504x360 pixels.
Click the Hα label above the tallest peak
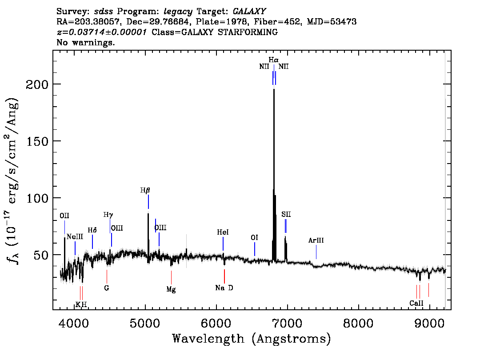pyautogui.click(x=273, y=60)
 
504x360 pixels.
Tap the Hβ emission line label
pyautogui.click(x=145, y=190)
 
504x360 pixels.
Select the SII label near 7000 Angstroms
pyautogui.click(x=286, y=214)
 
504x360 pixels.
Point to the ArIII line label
pyautogui.click(x=316, y=240)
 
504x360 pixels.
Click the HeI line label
pyautogui.click(x=223, y=232)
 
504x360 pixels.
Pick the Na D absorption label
pyautogui.click(x=224, y=288)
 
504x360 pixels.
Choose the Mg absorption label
pyautogui.click(x=171, y=289)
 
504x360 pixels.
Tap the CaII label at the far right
pyautogui.click(x=416, y=303)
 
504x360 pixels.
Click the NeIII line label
pyautogui.click(x=75, y=237)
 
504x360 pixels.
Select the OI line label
pyautogui.click(x=254, y=237)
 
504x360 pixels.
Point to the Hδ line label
pyautogui.click(x=92, y=230)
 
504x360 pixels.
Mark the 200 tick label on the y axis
pyautogui.click(x=36, y=84)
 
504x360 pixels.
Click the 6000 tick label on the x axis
pyautogui.click(x=216, y=323)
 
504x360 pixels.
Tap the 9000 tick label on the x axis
pyautogui.click(x=429, y=323)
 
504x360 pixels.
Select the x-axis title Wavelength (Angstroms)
pyautogui.click(x=252, y=339)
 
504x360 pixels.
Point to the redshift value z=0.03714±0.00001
pyautogui.click(x=102, y=32)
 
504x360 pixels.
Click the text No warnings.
pyautogui.click(x=85, y=42)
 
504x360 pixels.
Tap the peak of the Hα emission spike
pyautogui.click(x=274, y=89)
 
